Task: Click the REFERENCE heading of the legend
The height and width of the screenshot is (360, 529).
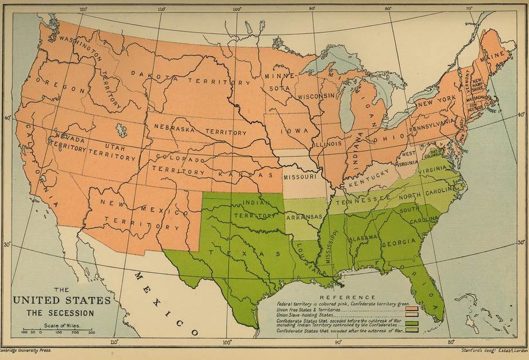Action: (348, 297)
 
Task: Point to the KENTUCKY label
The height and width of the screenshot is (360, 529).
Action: (366, 183)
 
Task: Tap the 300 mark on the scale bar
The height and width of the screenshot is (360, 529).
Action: (92, 332)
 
